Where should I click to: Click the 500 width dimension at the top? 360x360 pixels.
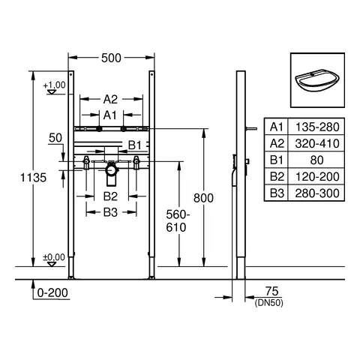tap(111, 58)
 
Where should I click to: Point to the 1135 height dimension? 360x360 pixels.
tap(33, 178)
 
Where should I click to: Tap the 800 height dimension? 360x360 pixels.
tap(203, 198)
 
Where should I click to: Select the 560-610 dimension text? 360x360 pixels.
tap(178, 221)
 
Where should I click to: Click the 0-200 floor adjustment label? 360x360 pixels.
tap(52, 292)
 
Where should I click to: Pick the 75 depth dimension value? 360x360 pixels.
tap(271, 291)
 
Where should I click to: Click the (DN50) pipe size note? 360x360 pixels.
tap(269, 303)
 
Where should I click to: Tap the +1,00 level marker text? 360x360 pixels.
tap(54, 85)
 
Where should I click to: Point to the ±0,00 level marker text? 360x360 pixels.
tap(54, 257)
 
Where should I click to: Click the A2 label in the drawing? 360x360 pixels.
tap(110, 100)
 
